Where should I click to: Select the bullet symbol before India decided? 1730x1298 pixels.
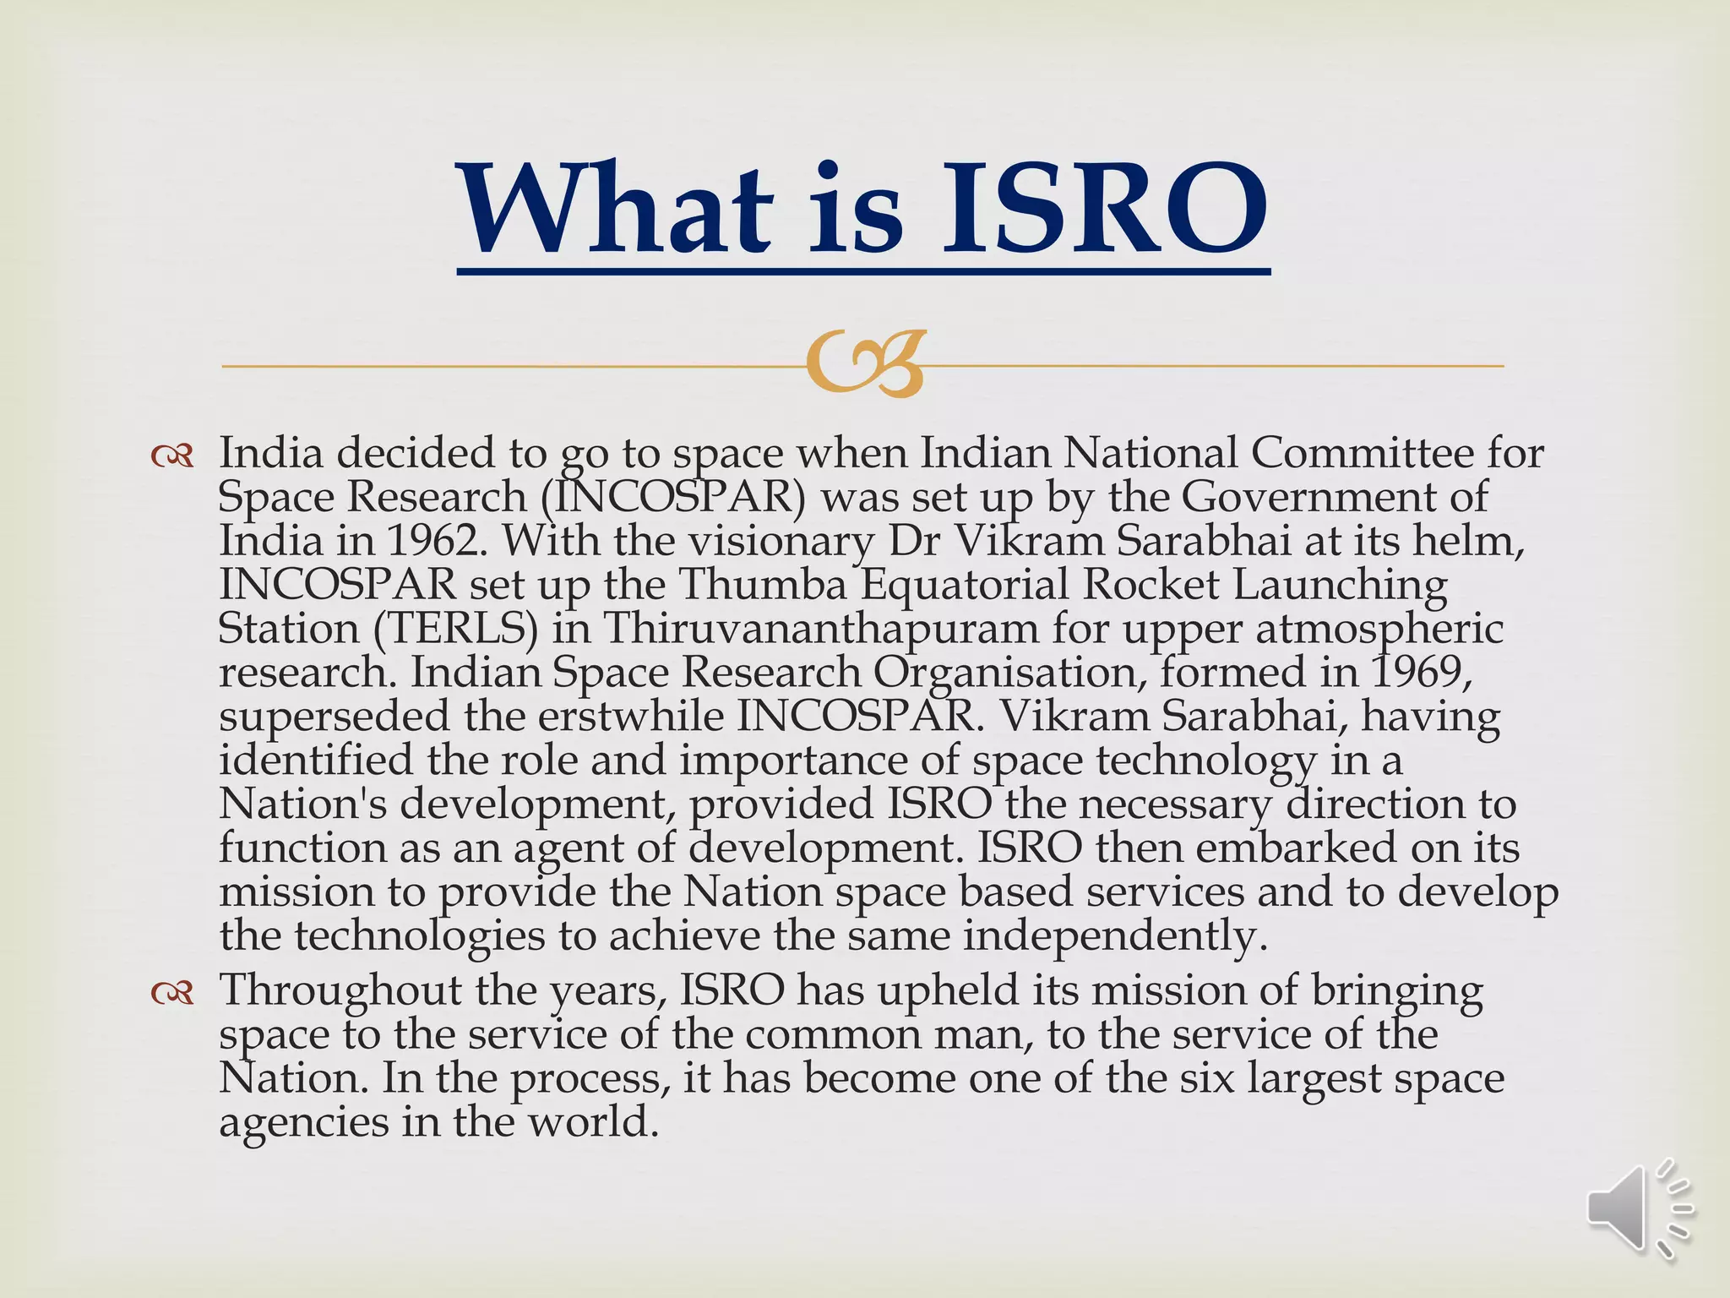click(x=172, y=457)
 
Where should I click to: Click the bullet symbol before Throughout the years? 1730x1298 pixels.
click(x=172, y=994)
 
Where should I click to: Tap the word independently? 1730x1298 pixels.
click(x=1116, y=935)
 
